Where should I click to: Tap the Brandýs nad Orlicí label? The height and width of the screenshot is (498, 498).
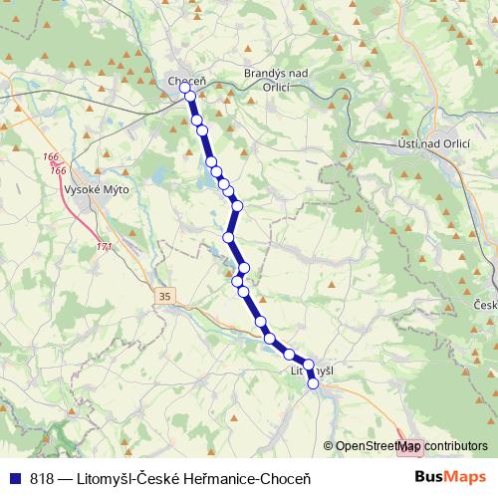click(280, 80)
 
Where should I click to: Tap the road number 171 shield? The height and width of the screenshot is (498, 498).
click(104, 247)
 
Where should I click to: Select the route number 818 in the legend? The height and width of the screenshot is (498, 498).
click(42, 478)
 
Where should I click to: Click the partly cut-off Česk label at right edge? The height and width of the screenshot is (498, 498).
click(486, 305)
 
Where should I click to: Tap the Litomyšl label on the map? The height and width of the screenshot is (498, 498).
click(310, 370)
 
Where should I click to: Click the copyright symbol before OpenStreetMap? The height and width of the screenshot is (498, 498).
click(329, 446)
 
